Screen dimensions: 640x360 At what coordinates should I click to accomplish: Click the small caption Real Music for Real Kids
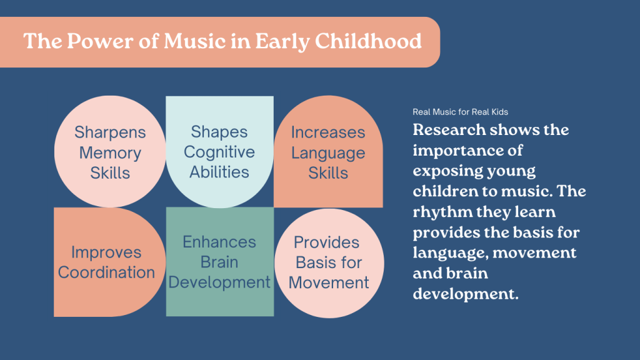click(461, 112)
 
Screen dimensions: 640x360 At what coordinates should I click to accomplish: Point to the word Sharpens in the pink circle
click(110, 132)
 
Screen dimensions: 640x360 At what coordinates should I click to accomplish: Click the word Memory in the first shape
click(110, 153)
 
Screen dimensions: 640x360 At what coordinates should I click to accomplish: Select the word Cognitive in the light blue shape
click(219, 152)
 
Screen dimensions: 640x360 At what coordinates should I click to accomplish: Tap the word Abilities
click(219, 172)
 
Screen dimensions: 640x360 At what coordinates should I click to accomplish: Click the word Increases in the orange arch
click(328, 132)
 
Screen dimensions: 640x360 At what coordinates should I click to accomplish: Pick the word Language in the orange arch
click(328, 153)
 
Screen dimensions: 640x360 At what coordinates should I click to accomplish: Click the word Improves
click(106, 252)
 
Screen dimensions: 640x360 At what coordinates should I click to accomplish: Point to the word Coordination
click(106, 272)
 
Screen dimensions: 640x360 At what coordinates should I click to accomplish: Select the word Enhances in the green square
click(219, 242)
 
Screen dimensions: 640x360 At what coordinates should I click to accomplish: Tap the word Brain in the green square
click(219, 262)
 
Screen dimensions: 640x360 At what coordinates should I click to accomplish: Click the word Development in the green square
click(219, 282)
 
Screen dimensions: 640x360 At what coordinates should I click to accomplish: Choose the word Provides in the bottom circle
click(326, 242)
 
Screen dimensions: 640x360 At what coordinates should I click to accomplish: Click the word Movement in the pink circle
click(329, 282)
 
